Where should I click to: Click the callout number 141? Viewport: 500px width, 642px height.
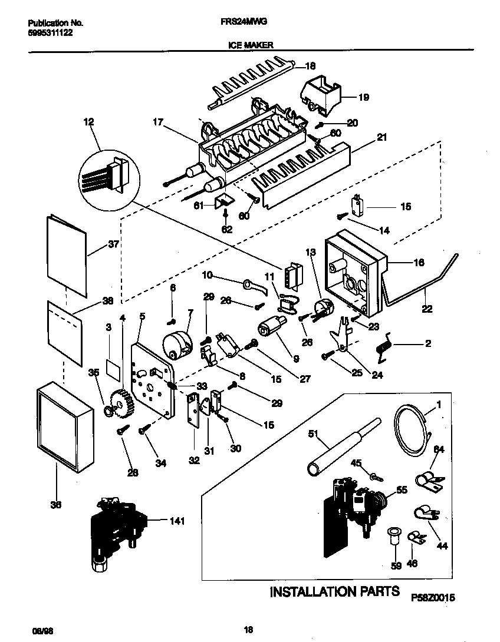point(176,521)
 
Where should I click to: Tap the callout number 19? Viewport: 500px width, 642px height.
point(363,97)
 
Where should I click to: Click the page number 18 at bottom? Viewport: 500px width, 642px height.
point(248,629)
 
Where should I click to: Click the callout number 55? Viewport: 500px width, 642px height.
point(401,488)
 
